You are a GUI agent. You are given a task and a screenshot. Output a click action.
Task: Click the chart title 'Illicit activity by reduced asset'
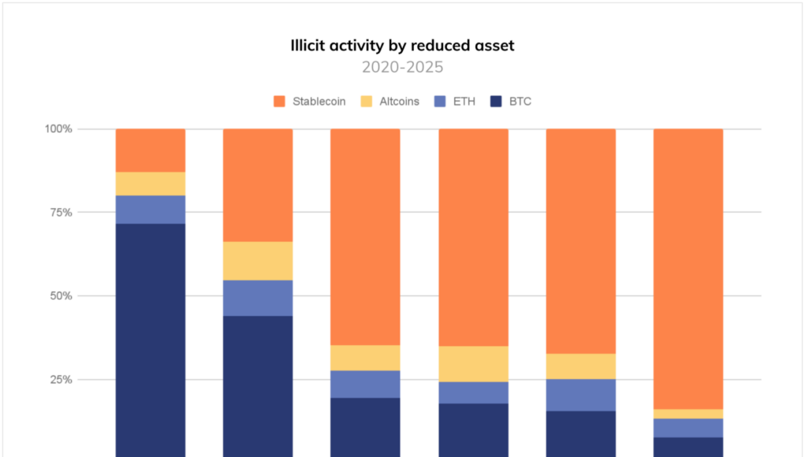tap(402, 46)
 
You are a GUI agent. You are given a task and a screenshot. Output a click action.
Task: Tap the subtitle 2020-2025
tap(402, 67)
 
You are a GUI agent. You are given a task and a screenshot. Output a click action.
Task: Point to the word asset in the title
tap(494, 46)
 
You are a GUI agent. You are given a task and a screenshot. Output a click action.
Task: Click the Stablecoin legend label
tap(319, 102)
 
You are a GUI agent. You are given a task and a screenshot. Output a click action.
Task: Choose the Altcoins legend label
tap(400, 102)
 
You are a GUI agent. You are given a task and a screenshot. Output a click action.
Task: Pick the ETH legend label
tap(463, 102)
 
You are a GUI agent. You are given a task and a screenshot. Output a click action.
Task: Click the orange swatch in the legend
tap(278, 102)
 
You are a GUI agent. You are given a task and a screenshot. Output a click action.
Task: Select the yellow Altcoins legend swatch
tap(367, 102)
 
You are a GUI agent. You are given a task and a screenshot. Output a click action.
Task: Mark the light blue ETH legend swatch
tap(440, 102)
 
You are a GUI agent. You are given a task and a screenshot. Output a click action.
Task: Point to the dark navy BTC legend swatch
tap(497, 102)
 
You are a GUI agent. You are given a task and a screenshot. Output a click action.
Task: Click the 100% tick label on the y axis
tap(58, 128)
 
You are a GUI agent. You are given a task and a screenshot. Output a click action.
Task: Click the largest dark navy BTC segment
tap(151, 339)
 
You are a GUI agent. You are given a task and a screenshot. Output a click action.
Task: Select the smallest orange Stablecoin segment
tap(151, 150)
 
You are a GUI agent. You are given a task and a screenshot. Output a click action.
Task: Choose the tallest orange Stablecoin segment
tap(688, 268)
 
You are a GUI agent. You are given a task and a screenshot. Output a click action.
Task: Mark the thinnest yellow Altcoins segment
tap(688, 414)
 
